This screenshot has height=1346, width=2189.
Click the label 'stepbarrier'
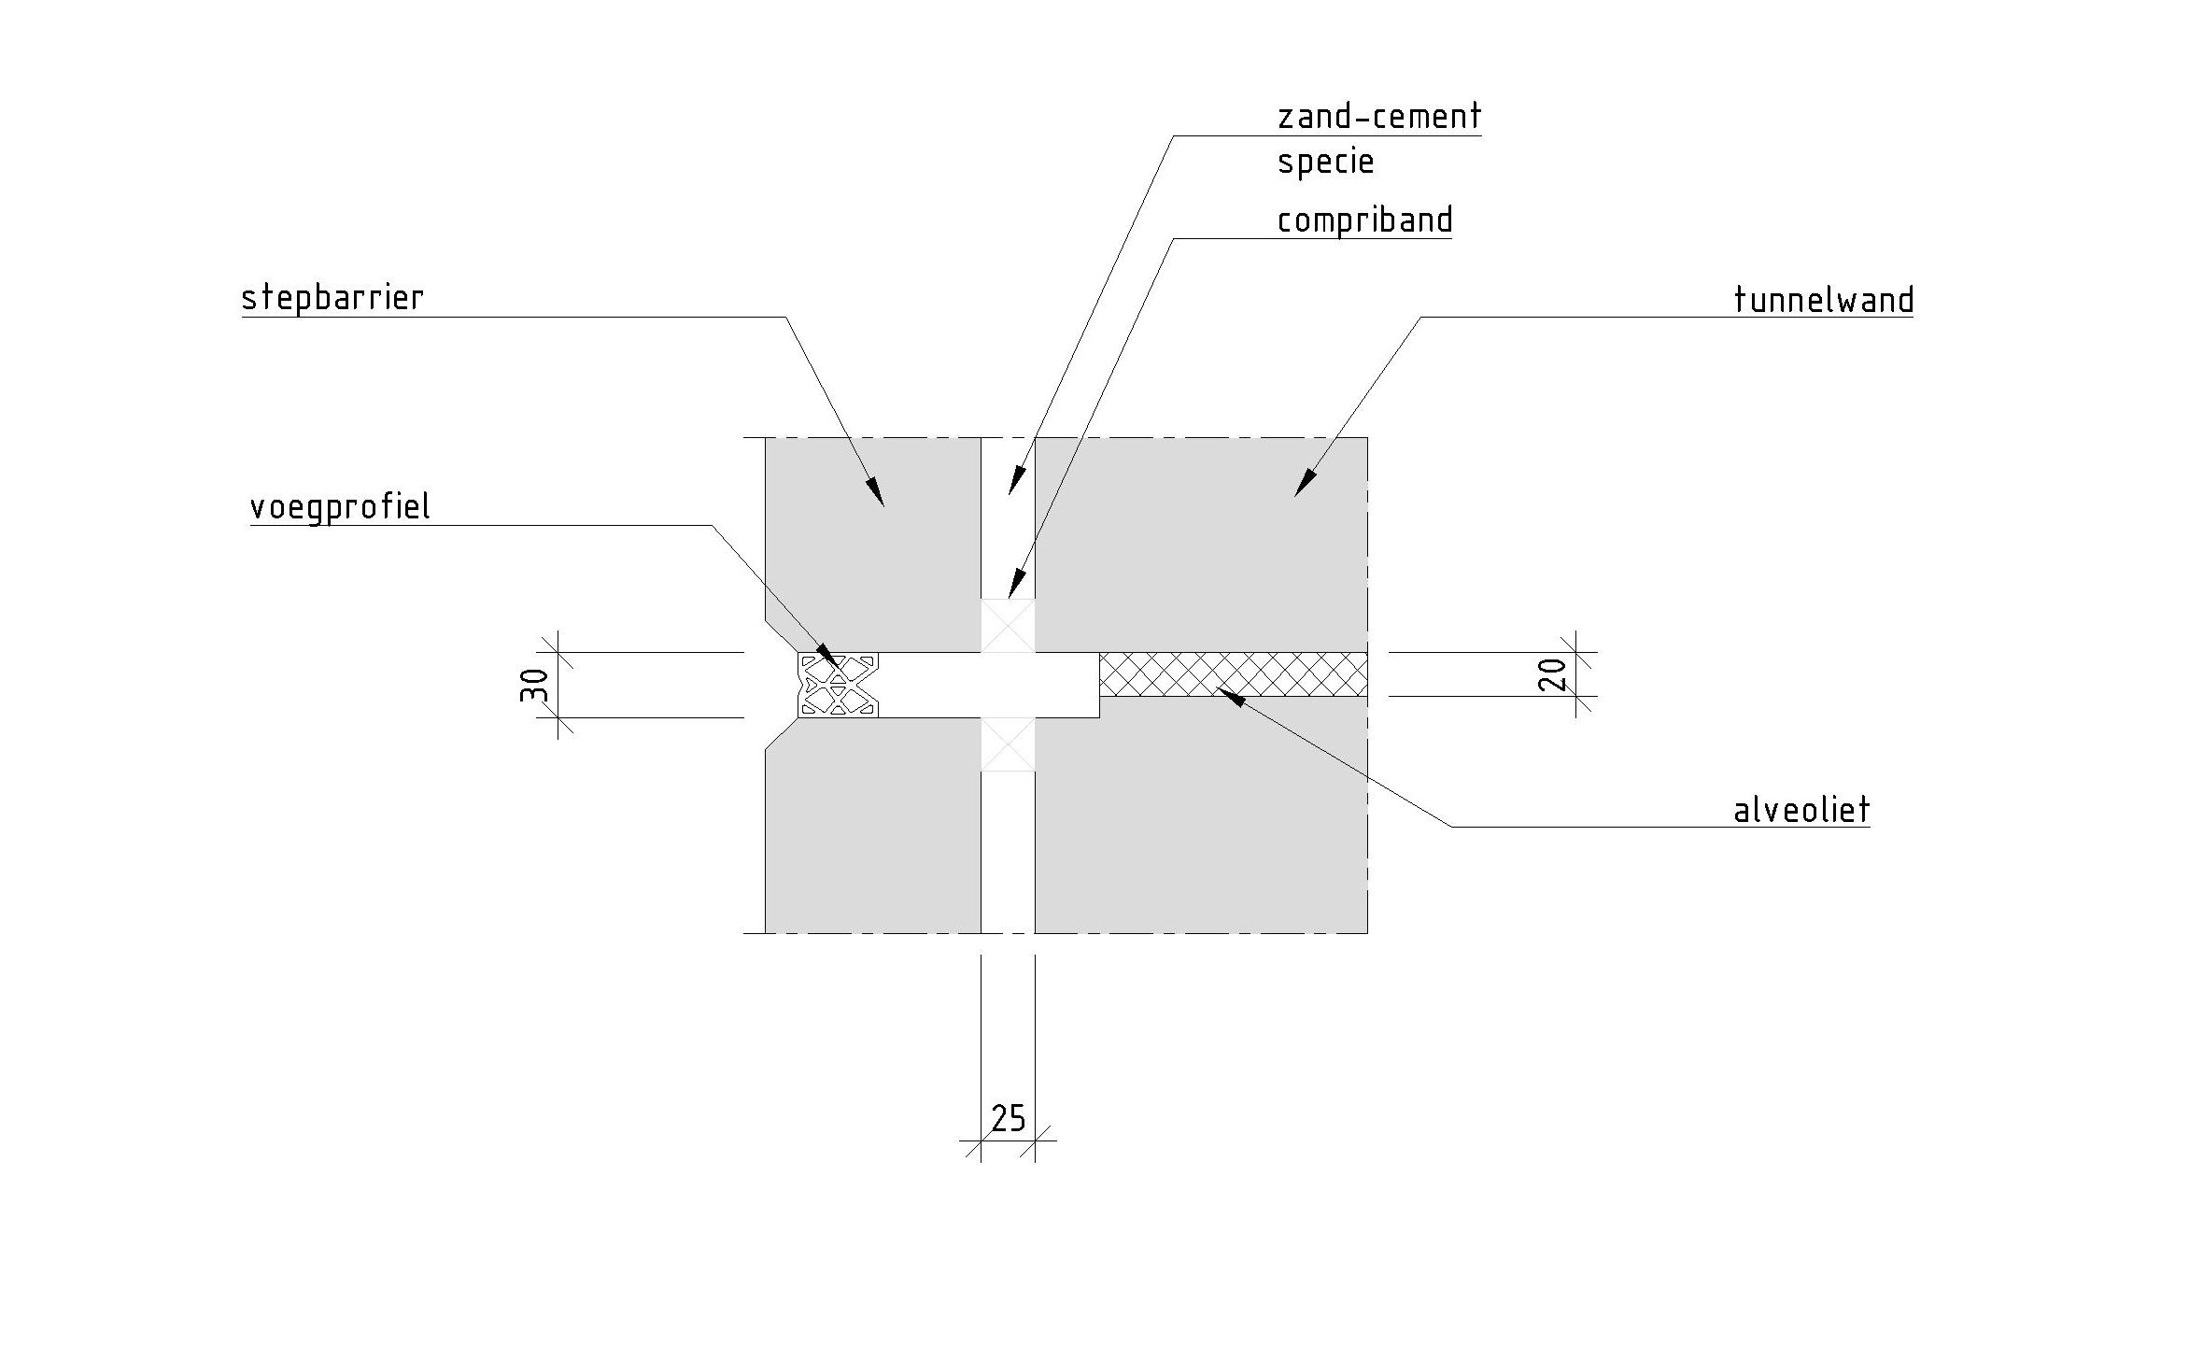point(332,299)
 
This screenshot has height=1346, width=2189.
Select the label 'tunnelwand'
point(1823,301)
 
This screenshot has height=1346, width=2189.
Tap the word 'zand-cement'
point(1378,118)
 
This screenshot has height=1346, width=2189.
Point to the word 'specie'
point(1325,163)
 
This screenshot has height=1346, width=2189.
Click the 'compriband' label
point(1364,221)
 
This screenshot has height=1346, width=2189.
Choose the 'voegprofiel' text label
point(340,508)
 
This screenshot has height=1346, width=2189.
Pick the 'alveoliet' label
point(1801,810)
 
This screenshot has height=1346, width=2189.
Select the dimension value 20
point(1552,674)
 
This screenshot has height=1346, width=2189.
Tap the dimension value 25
point(1008,1117)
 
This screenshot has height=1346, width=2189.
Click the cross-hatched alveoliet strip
point(1233,674)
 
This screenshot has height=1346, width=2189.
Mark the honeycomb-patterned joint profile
point(838,685)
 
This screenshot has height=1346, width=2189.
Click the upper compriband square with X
point(1008,625)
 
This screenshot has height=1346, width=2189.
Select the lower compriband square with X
point(1008,744)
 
